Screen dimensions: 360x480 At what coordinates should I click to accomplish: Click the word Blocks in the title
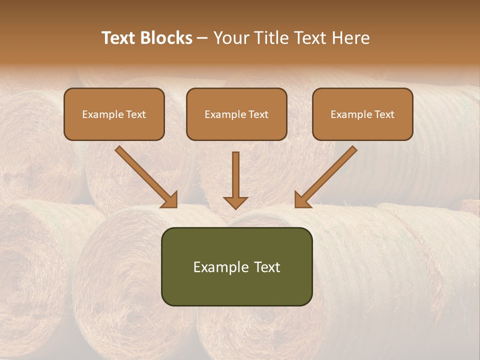coord(167,38)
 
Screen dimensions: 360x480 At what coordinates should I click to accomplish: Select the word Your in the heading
coord(231,38)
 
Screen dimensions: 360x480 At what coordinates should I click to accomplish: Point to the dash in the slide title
coord(202,38)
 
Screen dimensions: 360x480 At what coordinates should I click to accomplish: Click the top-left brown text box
coord(114,114)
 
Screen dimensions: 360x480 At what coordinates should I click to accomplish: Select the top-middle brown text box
coord(236,114)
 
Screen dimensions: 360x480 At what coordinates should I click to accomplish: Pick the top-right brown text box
coord(362,114)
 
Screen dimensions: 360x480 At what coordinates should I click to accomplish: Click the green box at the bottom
coord(236,266)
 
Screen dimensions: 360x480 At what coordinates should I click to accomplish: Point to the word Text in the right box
coord(384,114)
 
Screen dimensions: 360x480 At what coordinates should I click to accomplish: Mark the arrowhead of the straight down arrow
coord(235,202)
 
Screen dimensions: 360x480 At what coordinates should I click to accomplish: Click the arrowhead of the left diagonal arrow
coord(170,200)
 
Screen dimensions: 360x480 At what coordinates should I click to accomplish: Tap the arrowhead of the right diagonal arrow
coord(302,200)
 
